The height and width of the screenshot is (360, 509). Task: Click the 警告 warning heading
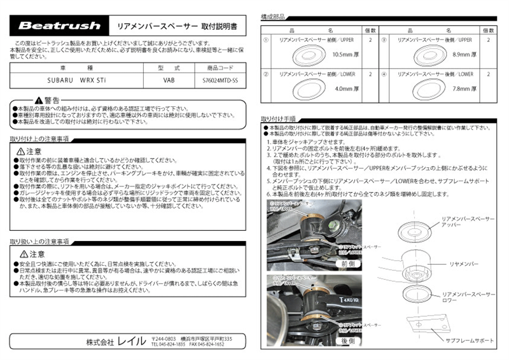pyautogui.click(x=48, y=100)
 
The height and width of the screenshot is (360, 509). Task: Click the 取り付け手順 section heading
pyautogui.click(x=278, y=118)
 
